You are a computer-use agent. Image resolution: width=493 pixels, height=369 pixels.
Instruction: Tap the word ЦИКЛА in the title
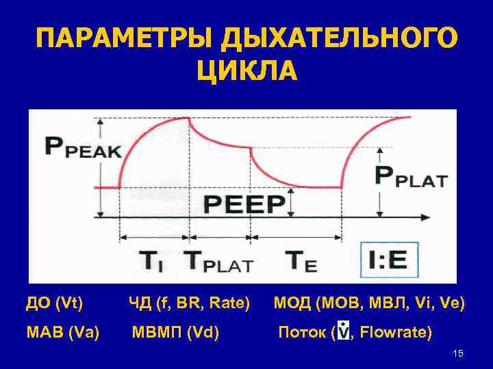coord(246,70)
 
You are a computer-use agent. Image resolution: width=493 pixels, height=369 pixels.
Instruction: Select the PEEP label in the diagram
coord(244,203)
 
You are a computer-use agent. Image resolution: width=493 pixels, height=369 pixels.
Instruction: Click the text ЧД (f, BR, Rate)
coord(189,303)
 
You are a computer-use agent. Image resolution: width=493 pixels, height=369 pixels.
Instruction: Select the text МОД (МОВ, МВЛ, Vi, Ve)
coord(369,303)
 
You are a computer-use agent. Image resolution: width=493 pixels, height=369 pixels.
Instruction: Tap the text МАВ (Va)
coord(62,333)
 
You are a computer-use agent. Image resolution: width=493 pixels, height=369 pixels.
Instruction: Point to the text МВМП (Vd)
coord(175,333)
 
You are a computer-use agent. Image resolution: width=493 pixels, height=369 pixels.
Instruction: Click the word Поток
coord(301,333)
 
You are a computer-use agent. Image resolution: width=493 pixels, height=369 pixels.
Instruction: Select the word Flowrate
coord(395,333)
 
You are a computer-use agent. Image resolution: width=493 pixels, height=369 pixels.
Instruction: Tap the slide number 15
coord(458,353)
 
